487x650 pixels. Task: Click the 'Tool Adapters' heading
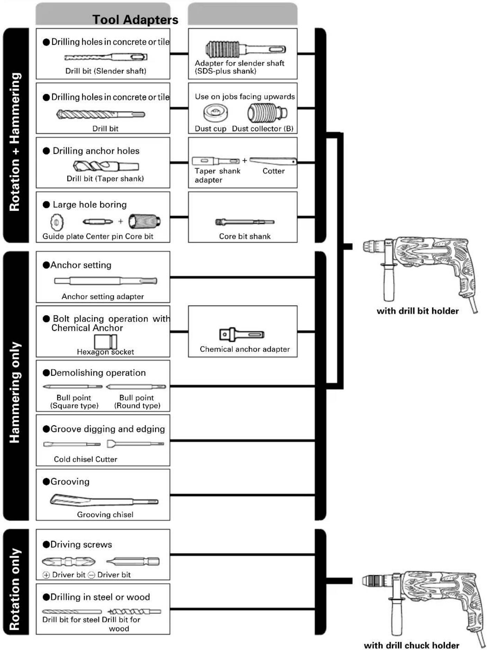pos(135,20)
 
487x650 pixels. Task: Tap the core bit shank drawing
pos(245,222)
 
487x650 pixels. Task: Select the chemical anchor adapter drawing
pos(242,334)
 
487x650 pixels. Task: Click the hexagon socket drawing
pos(106,342)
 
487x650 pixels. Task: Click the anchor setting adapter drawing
pos(106,281)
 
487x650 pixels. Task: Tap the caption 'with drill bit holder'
pos(417,311)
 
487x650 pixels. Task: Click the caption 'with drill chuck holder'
pos(412,645)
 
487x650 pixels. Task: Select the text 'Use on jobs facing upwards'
pos(245,97)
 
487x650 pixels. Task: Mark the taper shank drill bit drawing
pos(106,166)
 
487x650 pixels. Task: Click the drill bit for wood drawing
pos(134,611)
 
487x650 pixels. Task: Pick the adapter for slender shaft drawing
pos(245,49)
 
